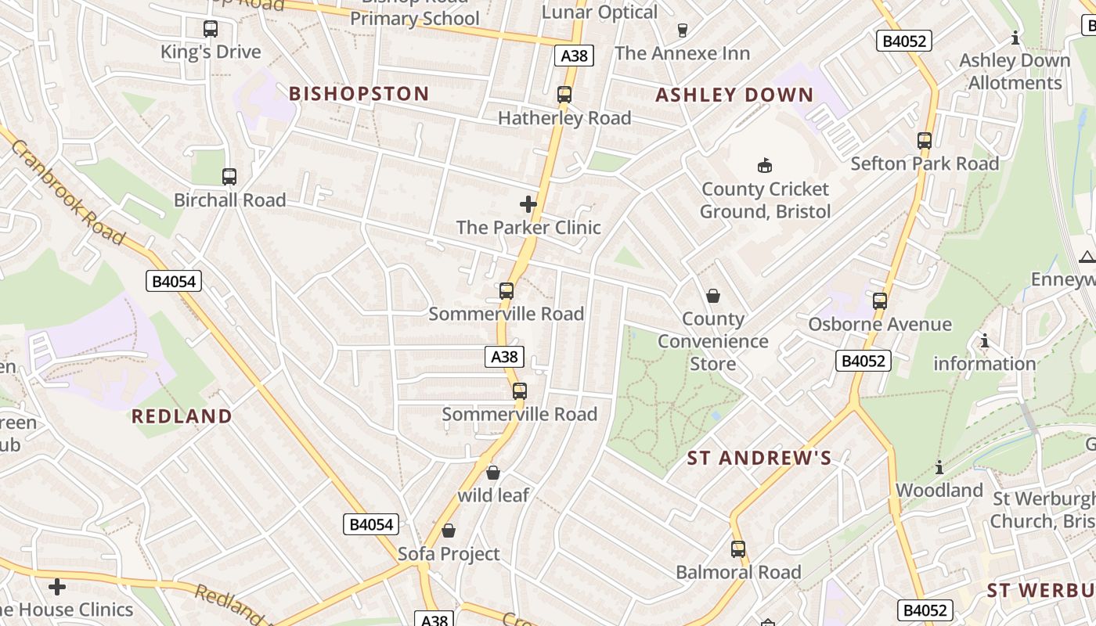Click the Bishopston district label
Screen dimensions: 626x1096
tap(359, 94)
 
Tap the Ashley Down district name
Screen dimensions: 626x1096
tap(734, 95)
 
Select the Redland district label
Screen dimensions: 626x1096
tap(182, 416)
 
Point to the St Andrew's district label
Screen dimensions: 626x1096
tap(759, 459)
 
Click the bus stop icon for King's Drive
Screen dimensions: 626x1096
tap(211, 29)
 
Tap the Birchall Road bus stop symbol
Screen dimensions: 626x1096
tap(229, 177)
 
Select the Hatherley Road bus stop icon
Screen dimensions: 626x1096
tap(564, 95)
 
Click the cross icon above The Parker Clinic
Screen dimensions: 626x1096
tap(528, 204)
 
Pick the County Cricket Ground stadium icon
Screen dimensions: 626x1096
tap(765, 165)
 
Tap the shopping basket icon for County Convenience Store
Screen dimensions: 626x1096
tap(713, 296)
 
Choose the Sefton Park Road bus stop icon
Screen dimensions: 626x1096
tap(925, 141)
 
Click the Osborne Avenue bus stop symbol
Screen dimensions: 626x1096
tap(880, 301)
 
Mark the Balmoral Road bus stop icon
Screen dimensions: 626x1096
tap(738, 549)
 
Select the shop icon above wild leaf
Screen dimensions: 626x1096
tap(493, 473)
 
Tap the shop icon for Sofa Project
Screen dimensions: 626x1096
tap(449, 531)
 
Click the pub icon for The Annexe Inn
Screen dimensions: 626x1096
tap(682, 31)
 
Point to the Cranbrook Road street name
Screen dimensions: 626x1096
tap(67, 192)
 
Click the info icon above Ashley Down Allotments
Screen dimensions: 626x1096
tap(1015, 38)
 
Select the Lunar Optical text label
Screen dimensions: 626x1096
tap(600, 12)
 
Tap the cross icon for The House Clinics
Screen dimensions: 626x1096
tap(57, 586)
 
